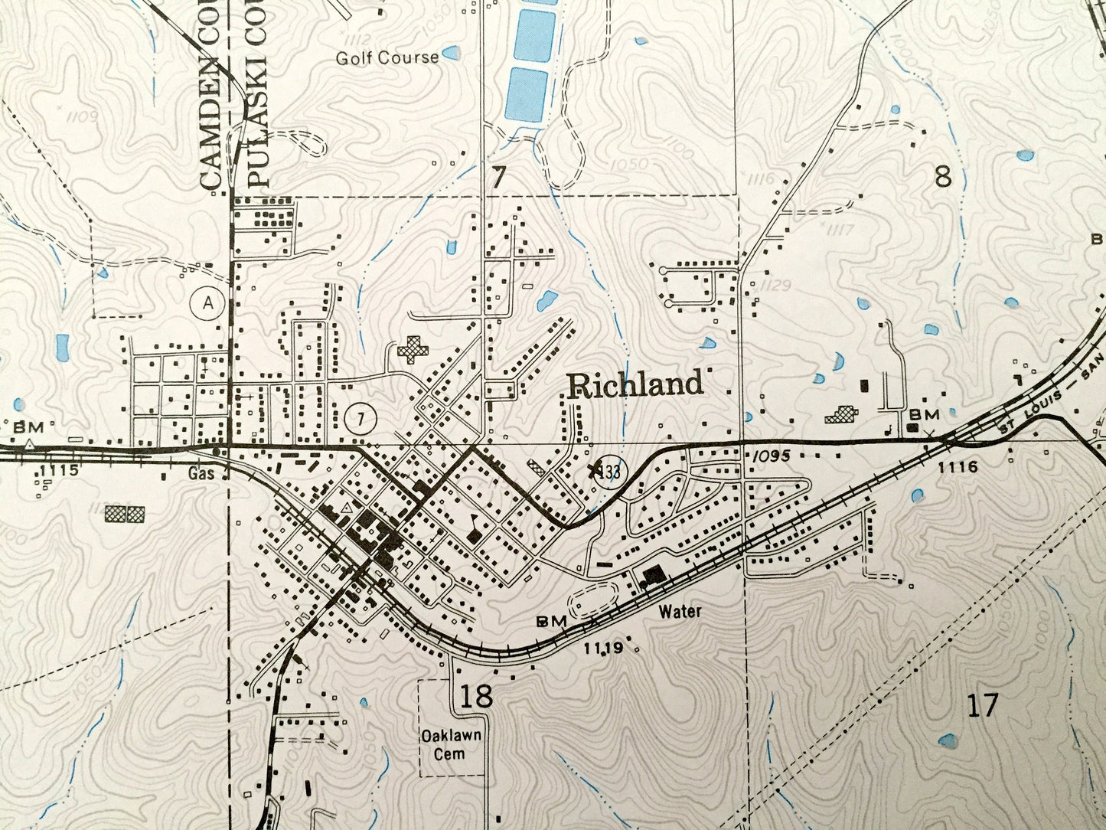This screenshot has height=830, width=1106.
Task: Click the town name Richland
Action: [635, 384]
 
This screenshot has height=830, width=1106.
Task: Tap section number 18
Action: [475, 696]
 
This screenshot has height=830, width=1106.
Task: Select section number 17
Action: [982, 704]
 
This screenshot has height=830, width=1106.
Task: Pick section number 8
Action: [942, 178]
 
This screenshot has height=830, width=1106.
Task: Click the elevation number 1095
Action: [771, 456]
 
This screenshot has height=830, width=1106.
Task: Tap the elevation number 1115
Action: [57, 470]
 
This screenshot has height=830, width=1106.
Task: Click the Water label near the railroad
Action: [679, 612]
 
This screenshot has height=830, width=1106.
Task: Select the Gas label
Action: [201, 474]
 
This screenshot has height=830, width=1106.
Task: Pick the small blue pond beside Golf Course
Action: [452, 53]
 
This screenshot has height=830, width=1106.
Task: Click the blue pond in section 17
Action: [948, 740]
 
